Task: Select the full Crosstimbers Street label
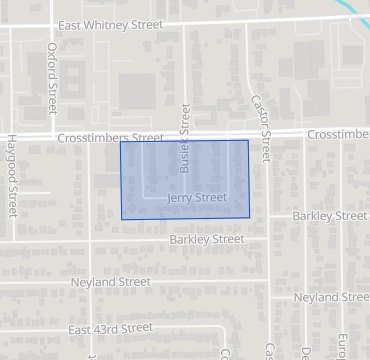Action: click(110, 138)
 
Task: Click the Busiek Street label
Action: click(184, 138)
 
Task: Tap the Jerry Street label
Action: click(197, 198)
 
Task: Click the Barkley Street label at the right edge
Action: click(330, 216)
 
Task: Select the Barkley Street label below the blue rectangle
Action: click(207, 239)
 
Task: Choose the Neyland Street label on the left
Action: click(110, 283)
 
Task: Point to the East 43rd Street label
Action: click(111, 328)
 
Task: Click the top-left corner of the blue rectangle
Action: click(120, 142)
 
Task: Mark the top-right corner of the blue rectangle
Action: click(248, 141)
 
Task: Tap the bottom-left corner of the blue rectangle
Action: click(122, 219)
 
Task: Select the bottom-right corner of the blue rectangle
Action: click(250, 217)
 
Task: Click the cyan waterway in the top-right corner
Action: click(357, 10)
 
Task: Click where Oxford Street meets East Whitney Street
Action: click(50, 27)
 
